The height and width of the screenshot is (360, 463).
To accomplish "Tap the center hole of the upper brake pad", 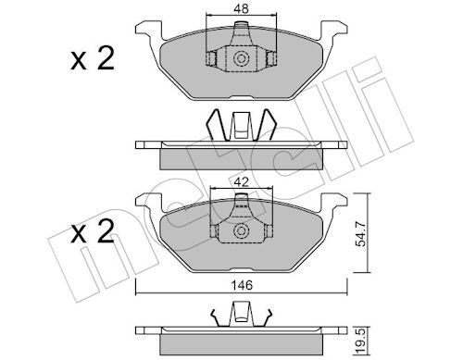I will click(x=242, y=59).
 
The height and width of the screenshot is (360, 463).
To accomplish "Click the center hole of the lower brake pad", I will click(x=242, y=231).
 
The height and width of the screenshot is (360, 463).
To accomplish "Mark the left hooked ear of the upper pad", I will click(x=146, y=31).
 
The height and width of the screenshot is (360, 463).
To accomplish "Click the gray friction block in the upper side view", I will click(x=242, y=157).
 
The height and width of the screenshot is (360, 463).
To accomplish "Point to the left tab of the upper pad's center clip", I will click(x=211, y=58).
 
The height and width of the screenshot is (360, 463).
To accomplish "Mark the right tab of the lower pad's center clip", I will click(x=269, y=231).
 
